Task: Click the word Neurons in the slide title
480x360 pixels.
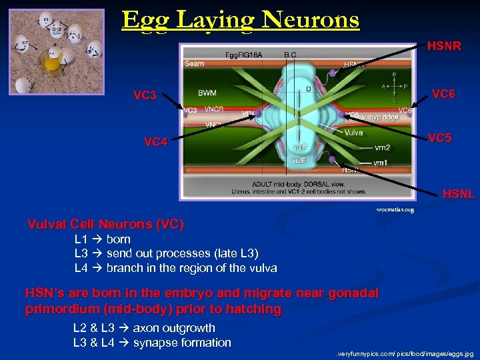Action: [311, 20]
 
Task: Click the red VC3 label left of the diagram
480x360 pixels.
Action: [145, 95]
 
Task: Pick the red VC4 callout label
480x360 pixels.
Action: [156, 141]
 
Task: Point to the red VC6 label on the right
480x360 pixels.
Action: [443, 94]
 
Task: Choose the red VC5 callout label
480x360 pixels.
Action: [439, 138]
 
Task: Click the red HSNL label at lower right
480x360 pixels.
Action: [459, 194]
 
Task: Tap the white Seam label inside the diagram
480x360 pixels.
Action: [193, 64]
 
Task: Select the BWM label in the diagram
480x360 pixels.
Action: [207, 93]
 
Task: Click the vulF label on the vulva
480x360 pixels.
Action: [299, 147]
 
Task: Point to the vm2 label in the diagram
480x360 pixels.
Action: [383, 147]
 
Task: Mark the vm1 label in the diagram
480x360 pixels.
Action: [381, 163]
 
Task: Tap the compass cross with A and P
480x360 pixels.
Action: [394, 87]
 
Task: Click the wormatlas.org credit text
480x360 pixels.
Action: [395, 209]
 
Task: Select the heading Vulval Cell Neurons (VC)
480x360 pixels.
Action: [105, 224]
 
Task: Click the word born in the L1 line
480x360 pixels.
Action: [119, 239]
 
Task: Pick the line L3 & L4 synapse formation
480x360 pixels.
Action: [152, 343]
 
